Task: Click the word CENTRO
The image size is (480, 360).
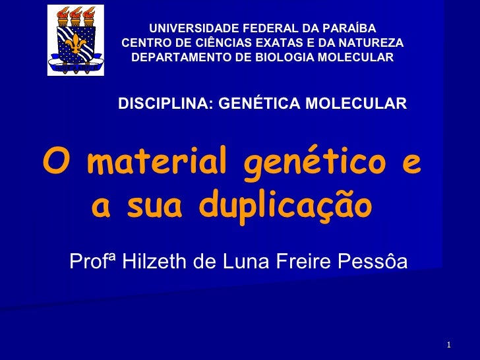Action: point(145,43)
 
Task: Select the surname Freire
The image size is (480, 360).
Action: point(303,262)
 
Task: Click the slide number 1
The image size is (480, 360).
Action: point(448,345)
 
